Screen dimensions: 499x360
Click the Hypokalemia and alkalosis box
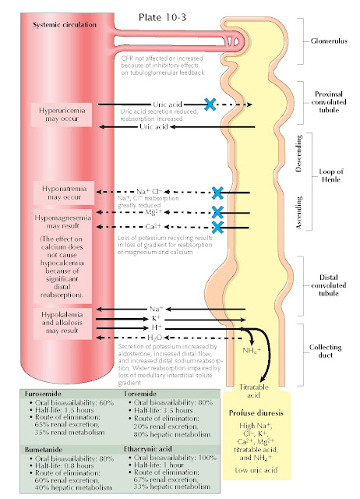click(62, 320)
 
